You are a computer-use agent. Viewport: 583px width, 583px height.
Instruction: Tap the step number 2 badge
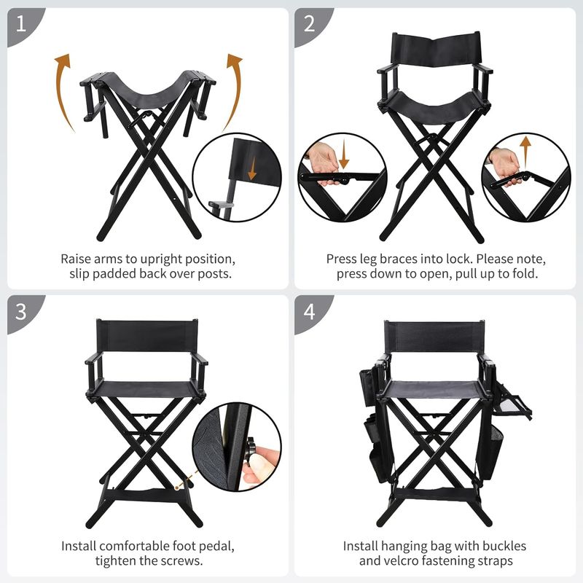pyautogui.click(x=310, y=25)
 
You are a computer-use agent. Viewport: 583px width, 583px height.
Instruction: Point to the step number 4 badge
pyautogui.click(x=310, y=312)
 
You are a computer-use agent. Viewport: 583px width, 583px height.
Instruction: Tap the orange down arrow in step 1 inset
pyautogui.click(x=252, y=168)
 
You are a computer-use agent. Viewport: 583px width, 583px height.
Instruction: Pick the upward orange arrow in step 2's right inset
pyautogui.click(x=525, y=152)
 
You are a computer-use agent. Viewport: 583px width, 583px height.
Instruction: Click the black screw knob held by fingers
pyautogui.click(x=249, y=451)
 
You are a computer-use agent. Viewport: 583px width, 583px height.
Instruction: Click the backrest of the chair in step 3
pyautogui.click(x=147, y=336)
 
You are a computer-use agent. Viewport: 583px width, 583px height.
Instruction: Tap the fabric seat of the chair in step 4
pyautogui.click(x=434, y=389)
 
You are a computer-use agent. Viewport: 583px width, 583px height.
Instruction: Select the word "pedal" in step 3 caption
pyautogui.click(x=216, y=547)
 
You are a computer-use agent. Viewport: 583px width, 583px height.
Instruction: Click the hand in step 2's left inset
pyautogui.click(x=324, y=163)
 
